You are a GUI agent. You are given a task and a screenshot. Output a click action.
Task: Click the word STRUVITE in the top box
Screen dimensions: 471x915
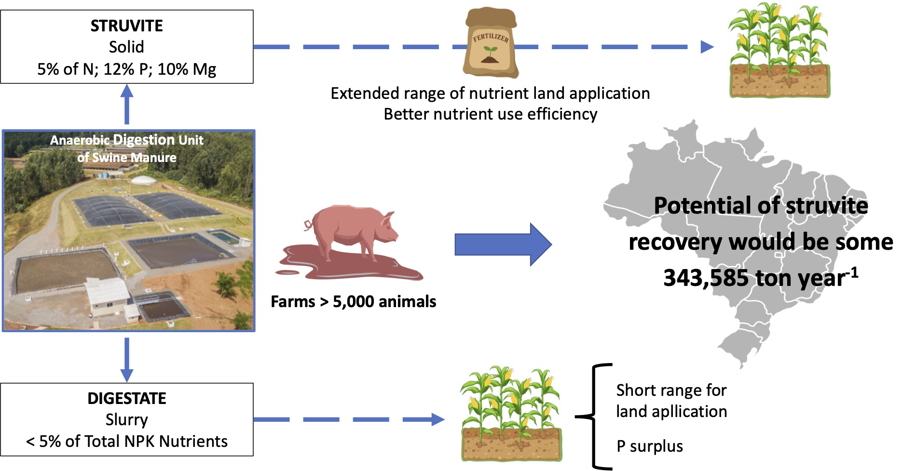click(126, 26)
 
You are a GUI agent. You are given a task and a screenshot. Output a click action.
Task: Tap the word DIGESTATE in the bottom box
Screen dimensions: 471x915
click(126, 398)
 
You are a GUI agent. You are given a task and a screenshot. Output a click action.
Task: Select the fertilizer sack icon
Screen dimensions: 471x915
click(490, 43)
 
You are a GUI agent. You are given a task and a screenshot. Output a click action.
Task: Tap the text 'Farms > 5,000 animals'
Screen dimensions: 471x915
click(353, 302)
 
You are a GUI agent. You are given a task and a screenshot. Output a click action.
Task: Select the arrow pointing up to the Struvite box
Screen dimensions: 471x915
click(126, 104)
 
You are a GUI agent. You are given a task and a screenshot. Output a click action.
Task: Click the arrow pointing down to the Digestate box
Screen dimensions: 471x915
click(126, 359)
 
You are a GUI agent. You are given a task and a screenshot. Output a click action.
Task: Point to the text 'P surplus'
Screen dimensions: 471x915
click(649, 446)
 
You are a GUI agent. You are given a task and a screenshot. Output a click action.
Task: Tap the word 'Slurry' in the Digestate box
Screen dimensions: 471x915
click(126, 420)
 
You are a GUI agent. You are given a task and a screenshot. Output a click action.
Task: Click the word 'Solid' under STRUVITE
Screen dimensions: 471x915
click(126, 47)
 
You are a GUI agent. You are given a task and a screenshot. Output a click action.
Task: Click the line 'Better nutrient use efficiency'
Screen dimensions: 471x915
click(490, 114)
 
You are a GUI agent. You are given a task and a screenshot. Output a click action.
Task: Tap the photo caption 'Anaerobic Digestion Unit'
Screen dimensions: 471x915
click(126, 140)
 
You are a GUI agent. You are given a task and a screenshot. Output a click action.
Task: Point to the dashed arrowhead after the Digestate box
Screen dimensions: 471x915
click(437, 419)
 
